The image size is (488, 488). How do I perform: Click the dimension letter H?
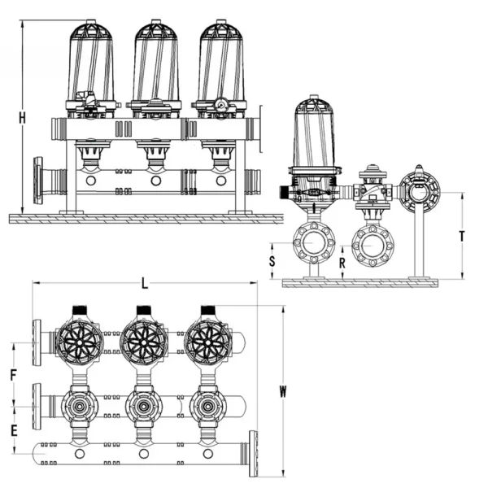point(23,119)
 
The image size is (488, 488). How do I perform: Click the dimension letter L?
point(144,283)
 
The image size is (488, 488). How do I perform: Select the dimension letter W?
point(283,390)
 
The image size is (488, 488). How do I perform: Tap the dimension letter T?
point(461,236)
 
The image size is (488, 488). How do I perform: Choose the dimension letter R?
point(342,263)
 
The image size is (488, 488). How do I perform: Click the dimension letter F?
point(13,375)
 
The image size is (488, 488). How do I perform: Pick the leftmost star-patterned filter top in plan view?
point(79,342)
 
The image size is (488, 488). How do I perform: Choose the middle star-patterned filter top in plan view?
point(145,342)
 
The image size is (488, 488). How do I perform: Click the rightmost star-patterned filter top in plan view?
point(209,342)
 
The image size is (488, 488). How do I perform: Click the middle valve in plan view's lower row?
point(145,404)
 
